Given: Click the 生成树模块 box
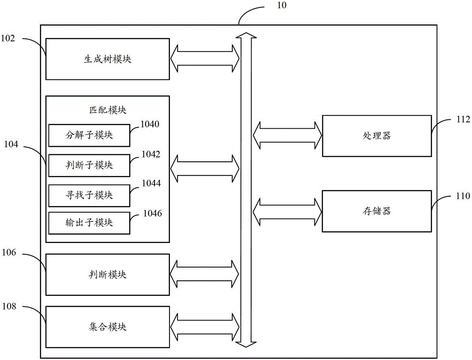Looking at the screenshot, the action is coord(108,59).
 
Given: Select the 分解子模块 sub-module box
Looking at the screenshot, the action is coord(89,135).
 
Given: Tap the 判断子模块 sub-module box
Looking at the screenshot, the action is coord(89,166).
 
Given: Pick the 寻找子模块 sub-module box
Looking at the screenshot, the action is coord(89,196).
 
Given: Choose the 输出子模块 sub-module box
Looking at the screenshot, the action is coord(89,223).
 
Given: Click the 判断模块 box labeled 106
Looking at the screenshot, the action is coord(108,275).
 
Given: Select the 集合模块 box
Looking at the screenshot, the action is coord(108,327).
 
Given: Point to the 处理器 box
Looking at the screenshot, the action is coord(377,136).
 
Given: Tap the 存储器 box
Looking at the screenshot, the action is coord(377,211).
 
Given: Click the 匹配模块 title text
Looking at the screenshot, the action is coord(108,110).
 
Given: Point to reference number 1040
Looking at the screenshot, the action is coord(150,124).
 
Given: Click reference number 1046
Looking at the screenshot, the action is coord(152,213).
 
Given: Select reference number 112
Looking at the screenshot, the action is coord(464,119).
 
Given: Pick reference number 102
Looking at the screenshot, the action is coord(8,38).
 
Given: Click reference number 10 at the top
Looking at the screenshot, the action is coord(281,5).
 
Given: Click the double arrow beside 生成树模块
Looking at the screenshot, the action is coord(205,59).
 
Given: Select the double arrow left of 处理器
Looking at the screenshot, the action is coord(287,135).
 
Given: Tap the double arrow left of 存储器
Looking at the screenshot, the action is coord(287,212).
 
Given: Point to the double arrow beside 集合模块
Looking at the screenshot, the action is coord(205,327).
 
